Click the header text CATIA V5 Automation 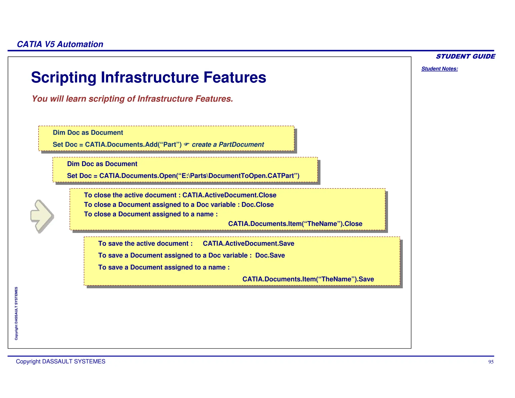click(x=60, y=44)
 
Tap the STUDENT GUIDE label click(x=465, y=56)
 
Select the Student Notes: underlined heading click(x=439, y=69)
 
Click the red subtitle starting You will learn click(x=132, y=99)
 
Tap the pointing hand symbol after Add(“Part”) click(x=186, y=144)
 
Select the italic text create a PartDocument click(x=228, y=144)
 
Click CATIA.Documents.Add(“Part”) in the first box click(x=133, y=144)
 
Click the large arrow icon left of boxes click(x=42, y=216)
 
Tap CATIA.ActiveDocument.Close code click(x=229, y=195)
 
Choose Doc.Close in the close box click(x=257, y=205)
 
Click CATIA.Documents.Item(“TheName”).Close click(x=295, y=224)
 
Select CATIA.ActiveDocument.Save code click(x=248, y=243)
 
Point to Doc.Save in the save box click(x=270, y=255)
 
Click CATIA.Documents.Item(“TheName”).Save click(x=308, y=279)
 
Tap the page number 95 click(x=491, y=362)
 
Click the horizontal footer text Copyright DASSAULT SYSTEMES click(x=61, y=362)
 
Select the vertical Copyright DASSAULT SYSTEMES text click(x=16, y=313)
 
